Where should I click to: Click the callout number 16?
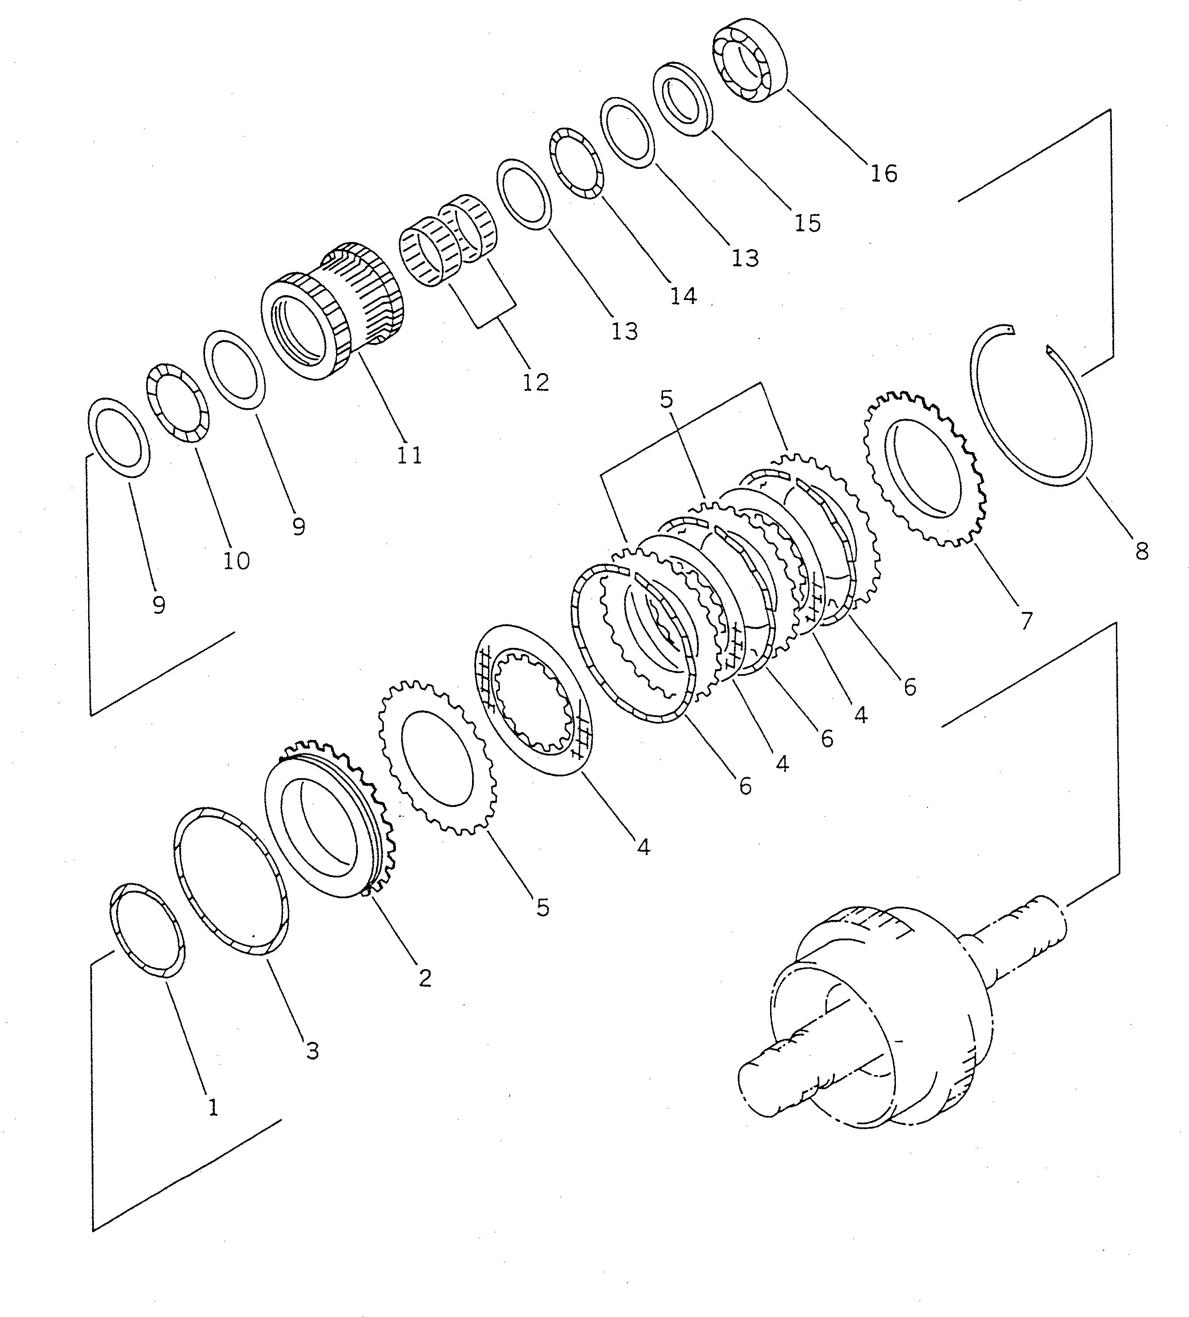(883, 174)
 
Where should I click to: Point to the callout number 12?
(535, 382)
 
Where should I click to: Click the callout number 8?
(1141, 552)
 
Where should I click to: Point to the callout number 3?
(312, 1051)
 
